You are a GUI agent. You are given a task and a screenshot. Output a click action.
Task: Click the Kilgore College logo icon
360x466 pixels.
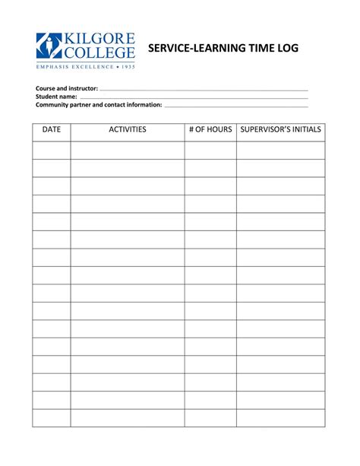click(49, 46)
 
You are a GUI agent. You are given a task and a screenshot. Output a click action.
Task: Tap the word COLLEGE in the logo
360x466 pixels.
click(99, 52)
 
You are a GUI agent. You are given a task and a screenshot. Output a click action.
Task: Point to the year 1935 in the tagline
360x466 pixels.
click(126, 66)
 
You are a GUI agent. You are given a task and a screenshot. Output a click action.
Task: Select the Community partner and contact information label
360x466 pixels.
click(99, 105)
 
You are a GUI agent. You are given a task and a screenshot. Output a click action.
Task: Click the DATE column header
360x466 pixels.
click(52, 130)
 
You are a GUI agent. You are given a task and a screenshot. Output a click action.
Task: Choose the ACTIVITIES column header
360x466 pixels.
click(128, 130)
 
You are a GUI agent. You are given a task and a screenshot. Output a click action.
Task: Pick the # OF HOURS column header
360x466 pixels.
click(210, 130)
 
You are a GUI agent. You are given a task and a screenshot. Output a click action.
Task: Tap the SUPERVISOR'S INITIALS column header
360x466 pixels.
click(280, 130)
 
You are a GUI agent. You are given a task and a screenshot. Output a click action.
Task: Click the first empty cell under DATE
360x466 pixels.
click(52, 150)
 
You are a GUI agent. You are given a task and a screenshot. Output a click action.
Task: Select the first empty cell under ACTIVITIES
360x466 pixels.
click(128, 150)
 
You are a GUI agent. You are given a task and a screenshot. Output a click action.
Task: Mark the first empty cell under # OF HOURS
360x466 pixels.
click(210, 150)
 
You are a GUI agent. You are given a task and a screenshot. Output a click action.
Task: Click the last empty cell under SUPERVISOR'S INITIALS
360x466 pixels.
click(280, 418)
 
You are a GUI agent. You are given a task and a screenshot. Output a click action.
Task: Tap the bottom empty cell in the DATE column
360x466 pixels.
click(52, 418)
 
